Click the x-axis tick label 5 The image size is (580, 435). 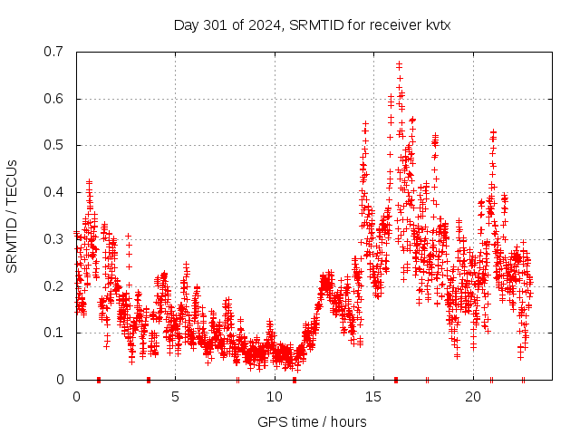176,397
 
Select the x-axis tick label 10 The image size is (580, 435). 275,397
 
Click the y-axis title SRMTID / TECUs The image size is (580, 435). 12,217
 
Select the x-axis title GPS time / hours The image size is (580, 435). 312,421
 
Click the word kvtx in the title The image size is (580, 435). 435,25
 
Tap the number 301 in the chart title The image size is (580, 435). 216,25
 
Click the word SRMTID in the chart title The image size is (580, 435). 314,25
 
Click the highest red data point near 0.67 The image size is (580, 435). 399,64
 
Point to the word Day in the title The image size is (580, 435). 187,25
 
